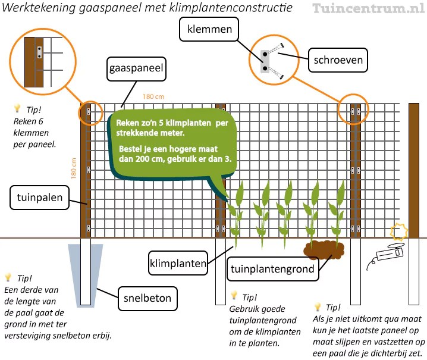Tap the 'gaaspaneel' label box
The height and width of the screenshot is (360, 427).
(136, 69)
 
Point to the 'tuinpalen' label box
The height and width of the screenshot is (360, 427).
(37, 198)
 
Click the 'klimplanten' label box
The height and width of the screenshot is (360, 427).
(178, 262)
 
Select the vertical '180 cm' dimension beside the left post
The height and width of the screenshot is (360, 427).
(74, 168)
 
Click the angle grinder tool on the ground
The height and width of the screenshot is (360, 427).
(386, 255)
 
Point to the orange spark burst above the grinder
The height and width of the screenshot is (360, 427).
(398, 231)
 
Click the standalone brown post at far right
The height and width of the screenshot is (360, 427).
(414, 170)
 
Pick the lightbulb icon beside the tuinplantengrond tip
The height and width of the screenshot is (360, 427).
(234, 296)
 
